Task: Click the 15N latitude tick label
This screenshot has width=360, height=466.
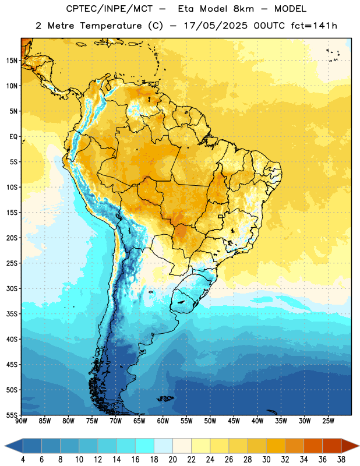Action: click(x=12, y=61)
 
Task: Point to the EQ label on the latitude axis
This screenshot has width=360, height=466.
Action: click(x=13, y=137)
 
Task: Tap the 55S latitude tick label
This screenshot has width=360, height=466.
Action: click(x=12, y=415)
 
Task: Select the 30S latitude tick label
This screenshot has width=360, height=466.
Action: click(x=12, y=288)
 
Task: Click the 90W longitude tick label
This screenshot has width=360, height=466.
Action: click(x=21, y=421)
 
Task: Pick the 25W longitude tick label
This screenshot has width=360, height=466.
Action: click(x=328, y=421)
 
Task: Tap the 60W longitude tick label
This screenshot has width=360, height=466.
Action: click(x=163, y=421)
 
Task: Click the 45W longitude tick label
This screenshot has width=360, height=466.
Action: click(x=234, y=421)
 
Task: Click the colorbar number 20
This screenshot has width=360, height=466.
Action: click(x=172, y=460)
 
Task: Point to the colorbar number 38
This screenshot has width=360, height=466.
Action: click(x=341, y=460)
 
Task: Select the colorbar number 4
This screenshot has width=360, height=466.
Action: click(x=23, y=460)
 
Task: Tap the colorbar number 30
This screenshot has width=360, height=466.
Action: click(x=266, y=460)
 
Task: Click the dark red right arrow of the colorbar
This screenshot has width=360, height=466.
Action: click(x=350, y=446)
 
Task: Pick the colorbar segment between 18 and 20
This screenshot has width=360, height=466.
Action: click(x=164, y=446)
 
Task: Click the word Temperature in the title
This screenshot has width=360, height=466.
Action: click(x=111, y=26)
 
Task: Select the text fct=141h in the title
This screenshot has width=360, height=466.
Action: click(x=314, y=26)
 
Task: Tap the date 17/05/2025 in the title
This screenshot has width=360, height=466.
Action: click(x=215, y=26)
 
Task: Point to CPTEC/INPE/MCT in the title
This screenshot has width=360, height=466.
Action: click(x=109, y=9)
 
